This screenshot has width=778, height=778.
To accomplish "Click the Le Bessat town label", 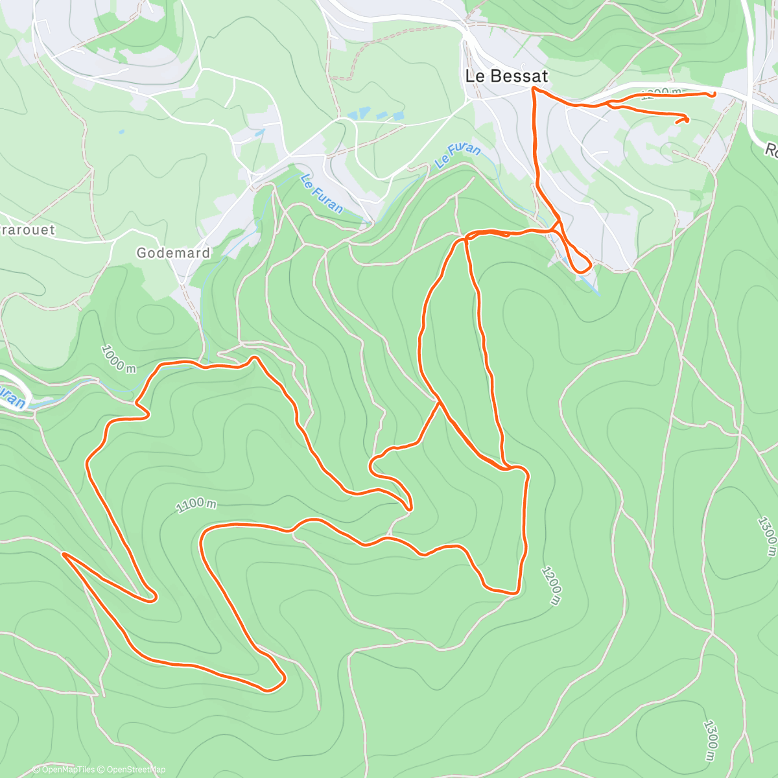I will [506, 76].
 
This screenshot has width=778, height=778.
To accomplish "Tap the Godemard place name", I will [173, 253].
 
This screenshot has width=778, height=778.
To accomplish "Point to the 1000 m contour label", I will [118, 359].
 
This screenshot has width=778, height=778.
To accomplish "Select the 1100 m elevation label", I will [196, 504].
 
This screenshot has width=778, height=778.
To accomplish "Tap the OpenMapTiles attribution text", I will [67, 770].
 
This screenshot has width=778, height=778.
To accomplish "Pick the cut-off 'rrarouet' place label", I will [27, 230].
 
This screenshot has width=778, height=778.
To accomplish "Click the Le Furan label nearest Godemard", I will [322, 193].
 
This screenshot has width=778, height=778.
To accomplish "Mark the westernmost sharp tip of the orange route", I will [64, 554].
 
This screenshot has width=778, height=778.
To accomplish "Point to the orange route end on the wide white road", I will [714, 94].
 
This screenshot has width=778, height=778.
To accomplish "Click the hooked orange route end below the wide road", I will [685, 118].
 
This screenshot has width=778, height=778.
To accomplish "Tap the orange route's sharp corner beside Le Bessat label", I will [533, 88].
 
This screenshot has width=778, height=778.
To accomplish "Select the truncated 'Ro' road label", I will [771, 150].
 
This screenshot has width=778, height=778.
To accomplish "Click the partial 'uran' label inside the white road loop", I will [12, 397].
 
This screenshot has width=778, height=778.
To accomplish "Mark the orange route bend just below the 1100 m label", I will [204, 536].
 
